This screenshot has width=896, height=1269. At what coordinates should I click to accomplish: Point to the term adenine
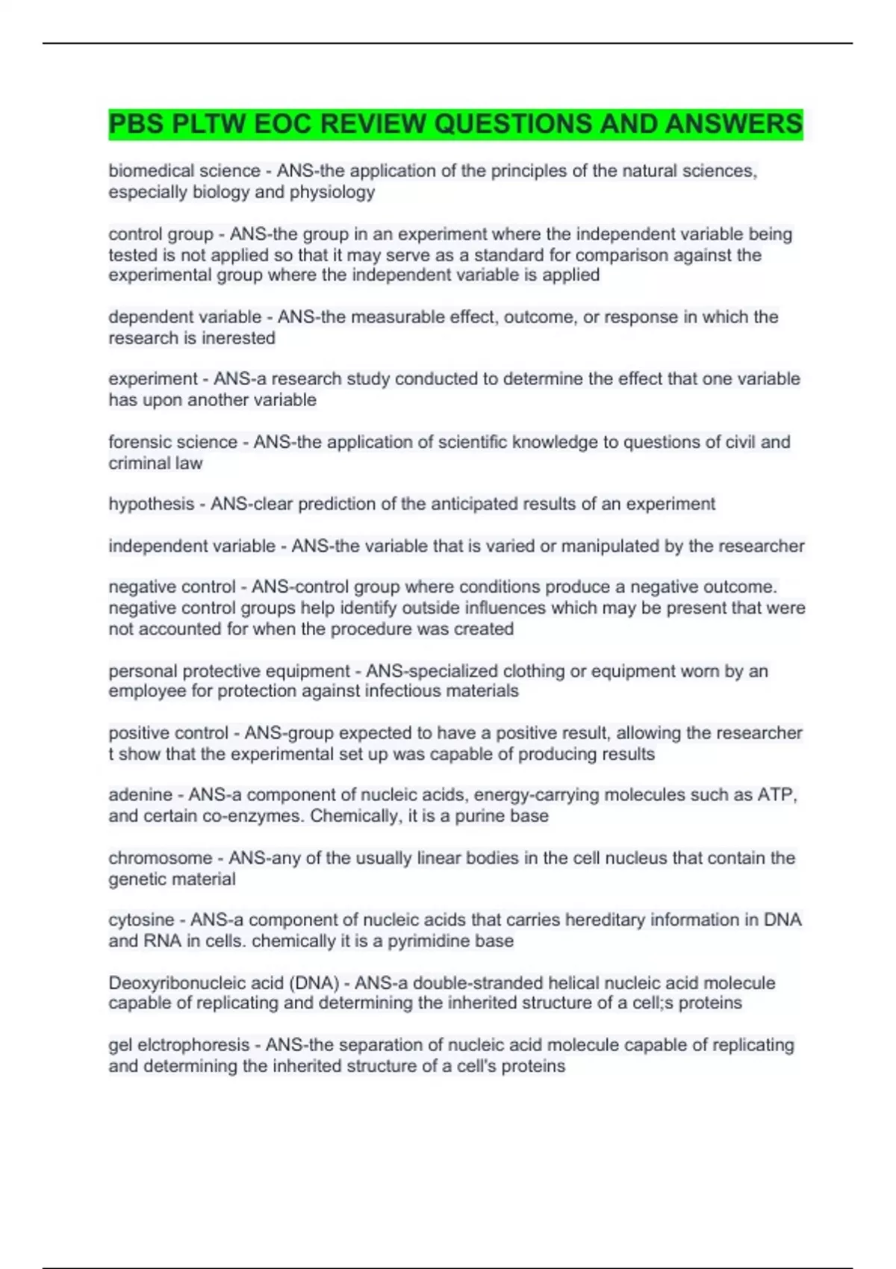click(x=140, y=795)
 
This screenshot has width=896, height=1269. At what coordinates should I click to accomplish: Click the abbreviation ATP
click(x=776, y=795)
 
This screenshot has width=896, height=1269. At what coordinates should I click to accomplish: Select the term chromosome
click(x=161, y=858)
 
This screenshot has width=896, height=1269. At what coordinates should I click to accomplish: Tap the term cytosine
click(x=141, y=920)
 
